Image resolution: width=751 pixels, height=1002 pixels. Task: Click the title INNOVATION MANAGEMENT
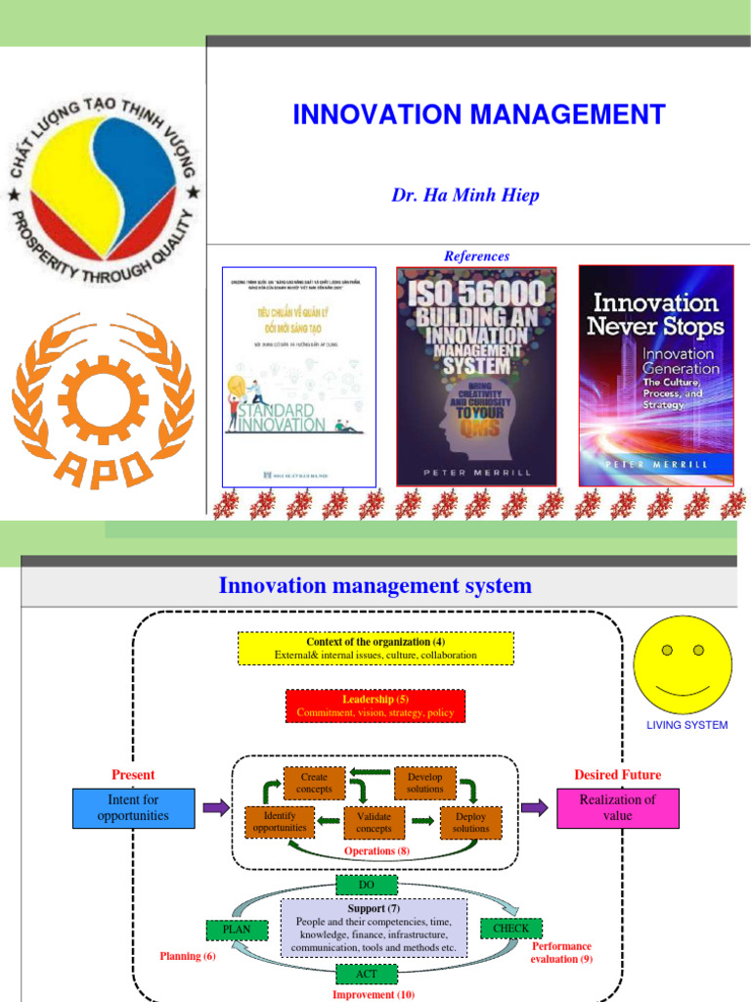(479, 114)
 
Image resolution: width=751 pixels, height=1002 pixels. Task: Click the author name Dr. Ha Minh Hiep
(464, 195)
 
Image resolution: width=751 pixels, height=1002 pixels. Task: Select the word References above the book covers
(476, 255)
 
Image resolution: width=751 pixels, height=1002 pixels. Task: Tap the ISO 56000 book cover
(476, 376)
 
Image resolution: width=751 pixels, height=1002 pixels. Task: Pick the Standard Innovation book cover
(298, 376)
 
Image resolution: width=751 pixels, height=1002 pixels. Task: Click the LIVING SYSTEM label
(687, 725)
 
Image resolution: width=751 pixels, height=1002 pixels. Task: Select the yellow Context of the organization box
(375, 648)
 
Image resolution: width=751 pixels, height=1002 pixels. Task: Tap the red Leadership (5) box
(375, 706)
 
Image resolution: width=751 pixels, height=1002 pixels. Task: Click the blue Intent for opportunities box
(133, 807)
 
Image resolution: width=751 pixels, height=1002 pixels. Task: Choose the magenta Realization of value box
(618, 807)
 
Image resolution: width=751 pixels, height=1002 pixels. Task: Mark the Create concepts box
(314, 783)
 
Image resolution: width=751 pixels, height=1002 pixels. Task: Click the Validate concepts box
(374, 822)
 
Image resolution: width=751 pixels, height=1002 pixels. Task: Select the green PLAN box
(237, 930)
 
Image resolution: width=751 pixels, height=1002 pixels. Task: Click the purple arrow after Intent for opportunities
(214, 807)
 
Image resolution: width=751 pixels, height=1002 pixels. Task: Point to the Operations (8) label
(376, 851)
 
